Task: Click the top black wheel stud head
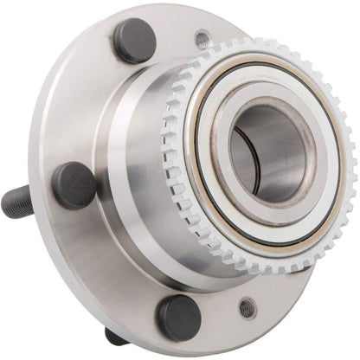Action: tap(134, 41)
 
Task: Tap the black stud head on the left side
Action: tap(74, 184)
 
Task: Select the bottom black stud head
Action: tap(179, 318)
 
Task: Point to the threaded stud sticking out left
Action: tap(17, 201)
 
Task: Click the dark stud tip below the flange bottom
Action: tap(115, 336)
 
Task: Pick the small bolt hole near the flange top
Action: tap(202, 39)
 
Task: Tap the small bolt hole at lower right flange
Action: tap(247, 307)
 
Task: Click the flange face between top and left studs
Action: tap(87, 104)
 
